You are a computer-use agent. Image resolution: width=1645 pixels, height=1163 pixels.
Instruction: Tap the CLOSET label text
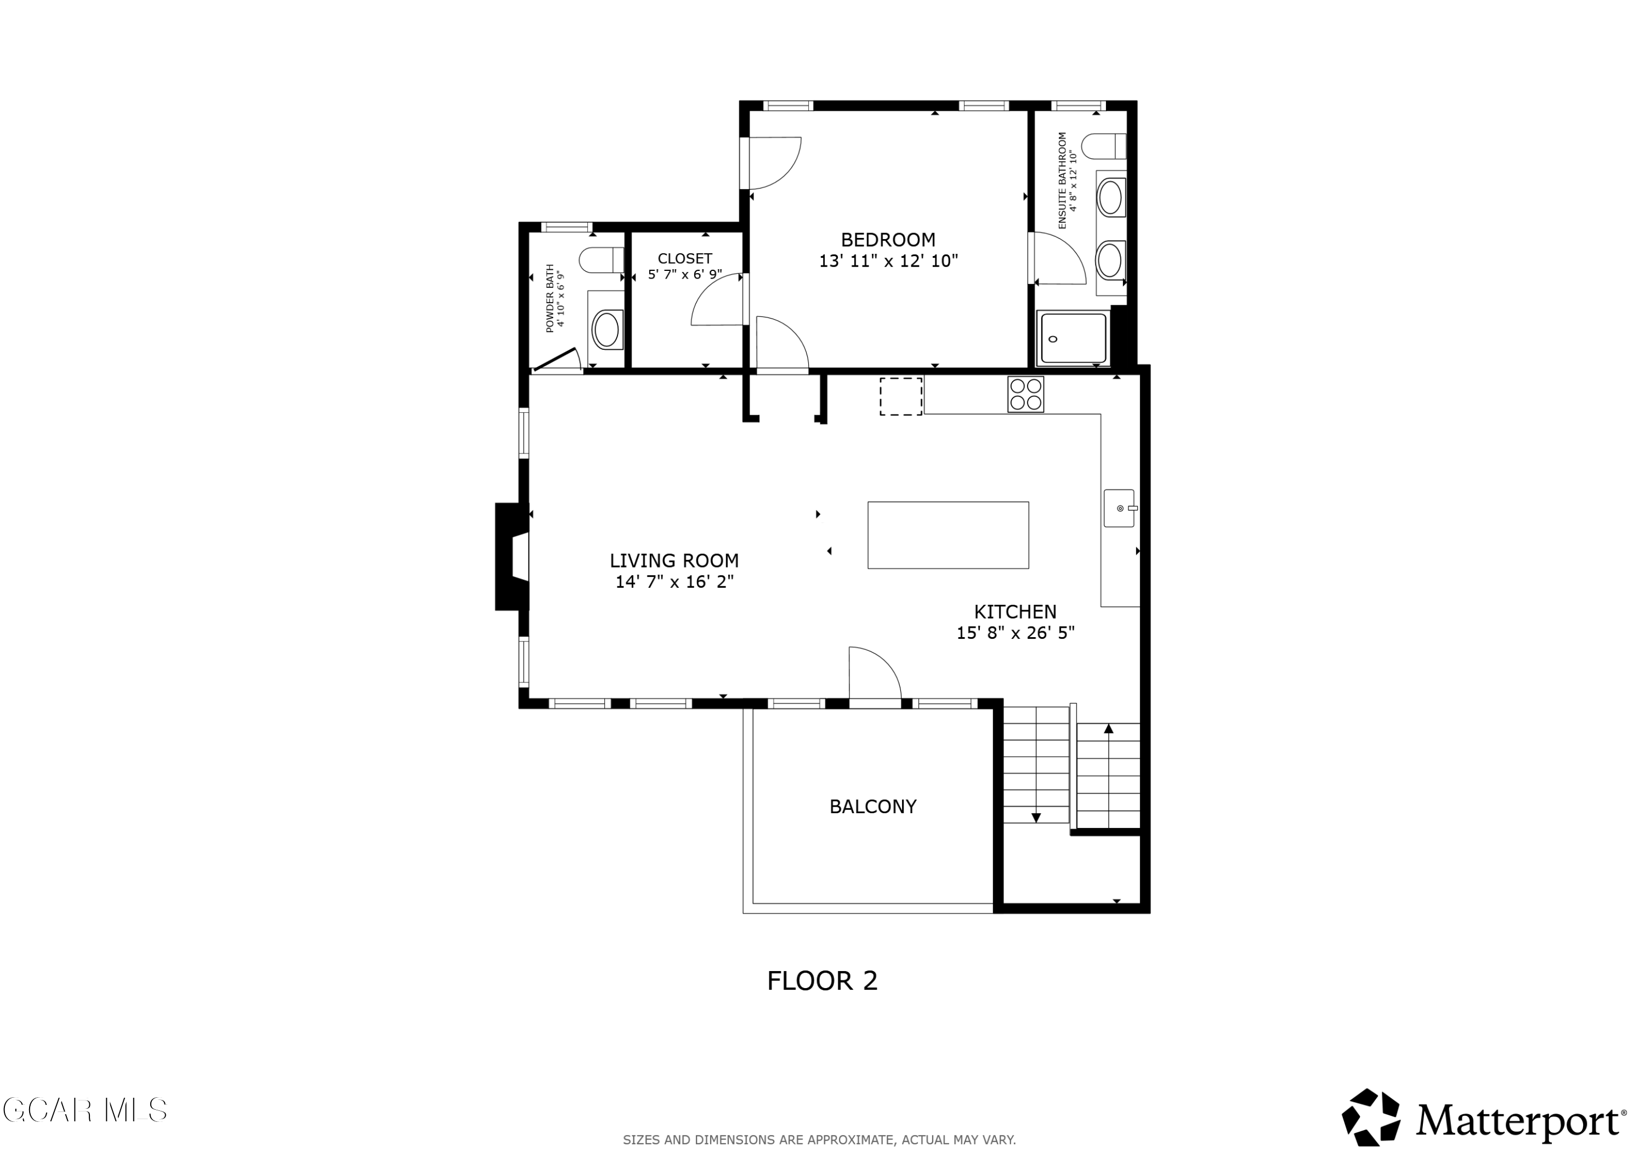[x=685, y=259]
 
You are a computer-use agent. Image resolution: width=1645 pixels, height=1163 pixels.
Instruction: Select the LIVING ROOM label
[x=674, y=560]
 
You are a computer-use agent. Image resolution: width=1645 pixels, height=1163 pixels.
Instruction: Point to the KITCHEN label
[x=1015, y=611]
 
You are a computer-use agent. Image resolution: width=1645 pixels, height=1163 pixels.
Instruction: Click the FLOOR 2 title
[x=822, y=980]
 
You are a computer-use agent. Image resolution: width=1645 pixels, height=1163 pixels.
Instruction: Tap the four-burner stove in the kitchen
[x=1025, y=394]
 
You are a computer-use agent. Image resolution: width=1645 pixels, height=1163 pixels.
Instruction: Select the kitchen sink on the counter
[x=1119, y=508]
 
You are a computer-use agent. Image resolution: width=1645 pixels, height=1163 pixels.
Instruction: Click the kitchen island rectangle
[x=948, y=535]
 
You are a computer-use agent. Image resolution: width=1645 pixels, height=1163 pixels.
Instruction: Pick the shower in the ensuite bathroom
[x=1073, y=338]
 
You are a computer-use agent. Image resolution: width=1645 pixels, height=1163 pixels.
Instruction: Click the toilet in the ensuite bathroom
[x=1103, y=146]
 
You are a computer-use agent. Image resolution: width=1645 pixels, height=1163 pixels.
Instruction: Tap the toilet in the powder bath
[x=601, y=260]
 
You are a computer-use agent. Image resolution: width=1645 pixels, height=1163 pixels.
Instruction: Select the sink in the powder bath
[x=606, y=330]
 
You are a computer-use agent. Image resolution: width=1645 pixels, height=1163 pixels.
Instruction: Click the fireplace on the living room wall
[x=512, y=557]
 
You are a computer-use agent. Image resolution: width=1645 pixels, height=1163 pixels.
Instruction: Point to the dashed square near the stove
[x=900, y=396]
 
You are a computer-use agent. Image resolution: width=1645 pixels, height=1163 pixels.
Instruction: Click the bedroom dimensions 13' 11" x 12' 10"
[x=888, y=261]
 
